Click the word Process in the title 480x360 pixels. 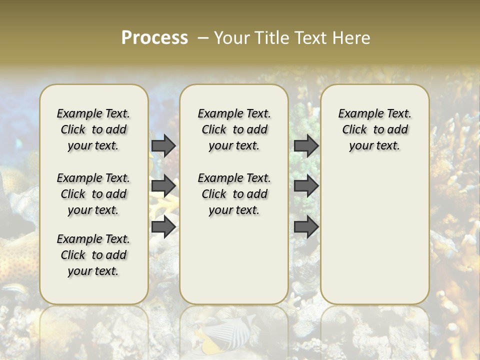coord(154,37)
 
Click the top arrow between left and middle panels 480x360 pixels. coord(163,145)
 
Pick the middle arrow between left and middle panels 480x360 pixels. coord(163,186)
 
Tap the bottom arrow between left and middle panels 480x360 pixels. coord(163,227)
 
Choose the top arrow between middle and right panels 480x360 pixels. coord(306,145)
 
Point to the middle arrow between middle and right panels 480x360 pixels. coord(306,186)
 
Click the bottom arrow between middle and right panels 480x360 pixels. coord(306,227)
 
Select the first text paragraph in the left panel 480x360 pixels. coord(93,129)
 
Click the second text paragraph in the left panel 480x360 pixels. coord(93,194)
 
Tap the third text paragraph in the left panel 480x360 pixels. coord(93,255)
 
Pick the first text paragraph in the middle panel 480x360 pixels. coord(234,129)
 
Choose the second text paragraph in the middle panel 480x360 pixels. coord(234,194)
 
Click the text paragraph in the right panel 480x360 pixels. coord(374,129)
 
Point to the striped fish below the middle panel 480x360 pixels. coord(220,332)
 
